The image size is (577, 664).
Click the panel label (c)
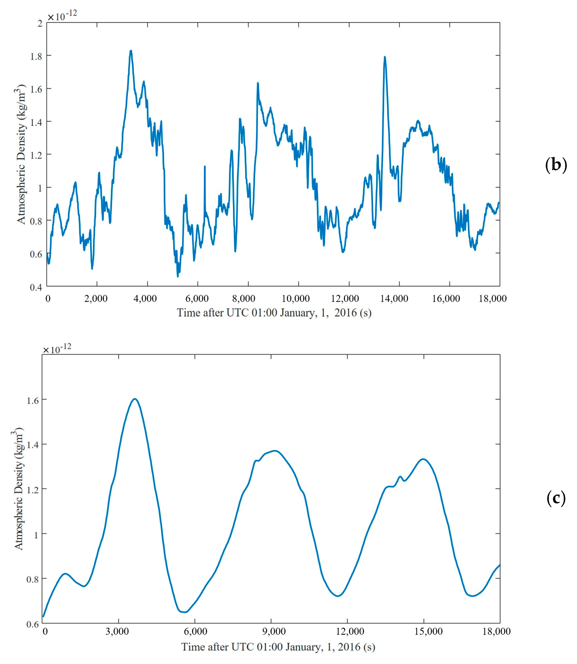(556, 498)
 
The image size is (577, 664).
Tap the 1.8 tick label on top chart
(36, 56)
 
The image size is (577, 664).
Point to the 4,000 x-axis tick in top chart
(146, 299)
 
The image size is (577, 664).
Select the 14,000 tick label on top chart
(394, 299)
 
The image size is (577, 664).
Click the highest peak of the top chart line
(131, 51)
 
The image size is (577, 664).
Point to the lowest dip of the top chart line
(178, 276)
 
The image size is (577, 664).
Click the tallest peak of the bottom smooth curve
(135, 399)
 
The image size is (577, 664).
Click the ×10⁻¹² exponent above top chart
(62, 15)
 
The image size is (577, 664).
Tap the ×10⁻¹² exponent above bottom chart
(57, 348)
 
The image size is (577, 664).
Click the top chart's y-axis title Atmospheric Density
(21, 154)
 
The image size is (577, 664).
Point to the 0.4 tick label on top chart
(36, 287)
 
